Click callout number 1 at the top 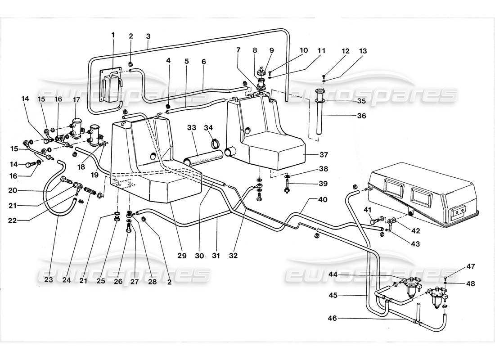point(113,35)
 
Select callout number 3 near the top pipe point(148,35)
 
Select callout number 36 point(361,116)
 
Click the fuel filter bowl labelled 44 point(410,287)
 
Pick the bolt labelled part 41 point(373,220)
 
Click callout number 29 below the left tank point(181,256)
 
